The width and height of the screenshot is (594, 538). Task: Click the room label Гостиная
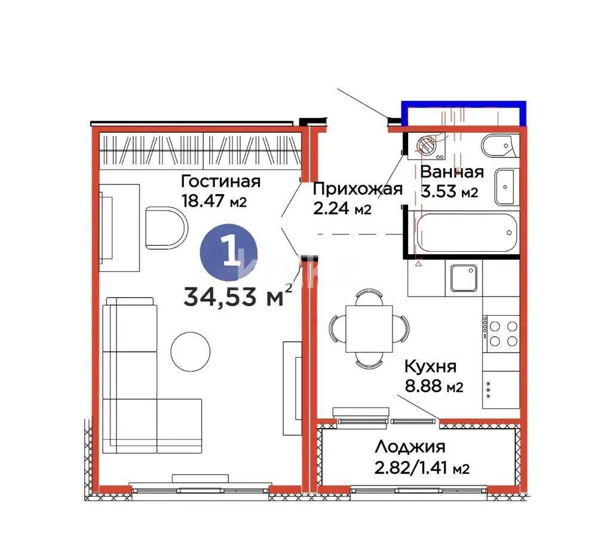click(221, 181)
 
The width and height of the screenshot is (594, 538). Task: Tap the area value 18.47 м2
click(214, 201)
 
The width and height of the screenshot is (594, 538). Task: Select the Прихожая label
click(357, 189)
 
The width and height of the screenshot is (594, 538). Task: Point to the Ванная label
click(451, 172)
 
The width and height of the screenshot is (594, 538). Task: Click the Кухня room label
click(430, 366)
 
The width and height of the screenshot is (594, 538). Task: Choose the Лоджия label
click(411, 447)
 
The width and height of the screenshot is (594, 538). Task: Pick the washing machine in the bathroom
click(427, 146)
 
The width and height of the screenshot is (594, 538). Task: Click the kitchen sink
click(464, 279)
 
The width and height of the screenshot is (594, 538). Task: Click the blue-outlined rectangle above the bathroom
click(464, 114)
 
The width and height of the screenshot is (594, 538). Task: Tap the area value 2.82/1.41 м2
click(422, 467)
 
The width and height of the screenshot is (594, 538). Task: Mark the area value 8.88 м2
click(433, 387)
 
